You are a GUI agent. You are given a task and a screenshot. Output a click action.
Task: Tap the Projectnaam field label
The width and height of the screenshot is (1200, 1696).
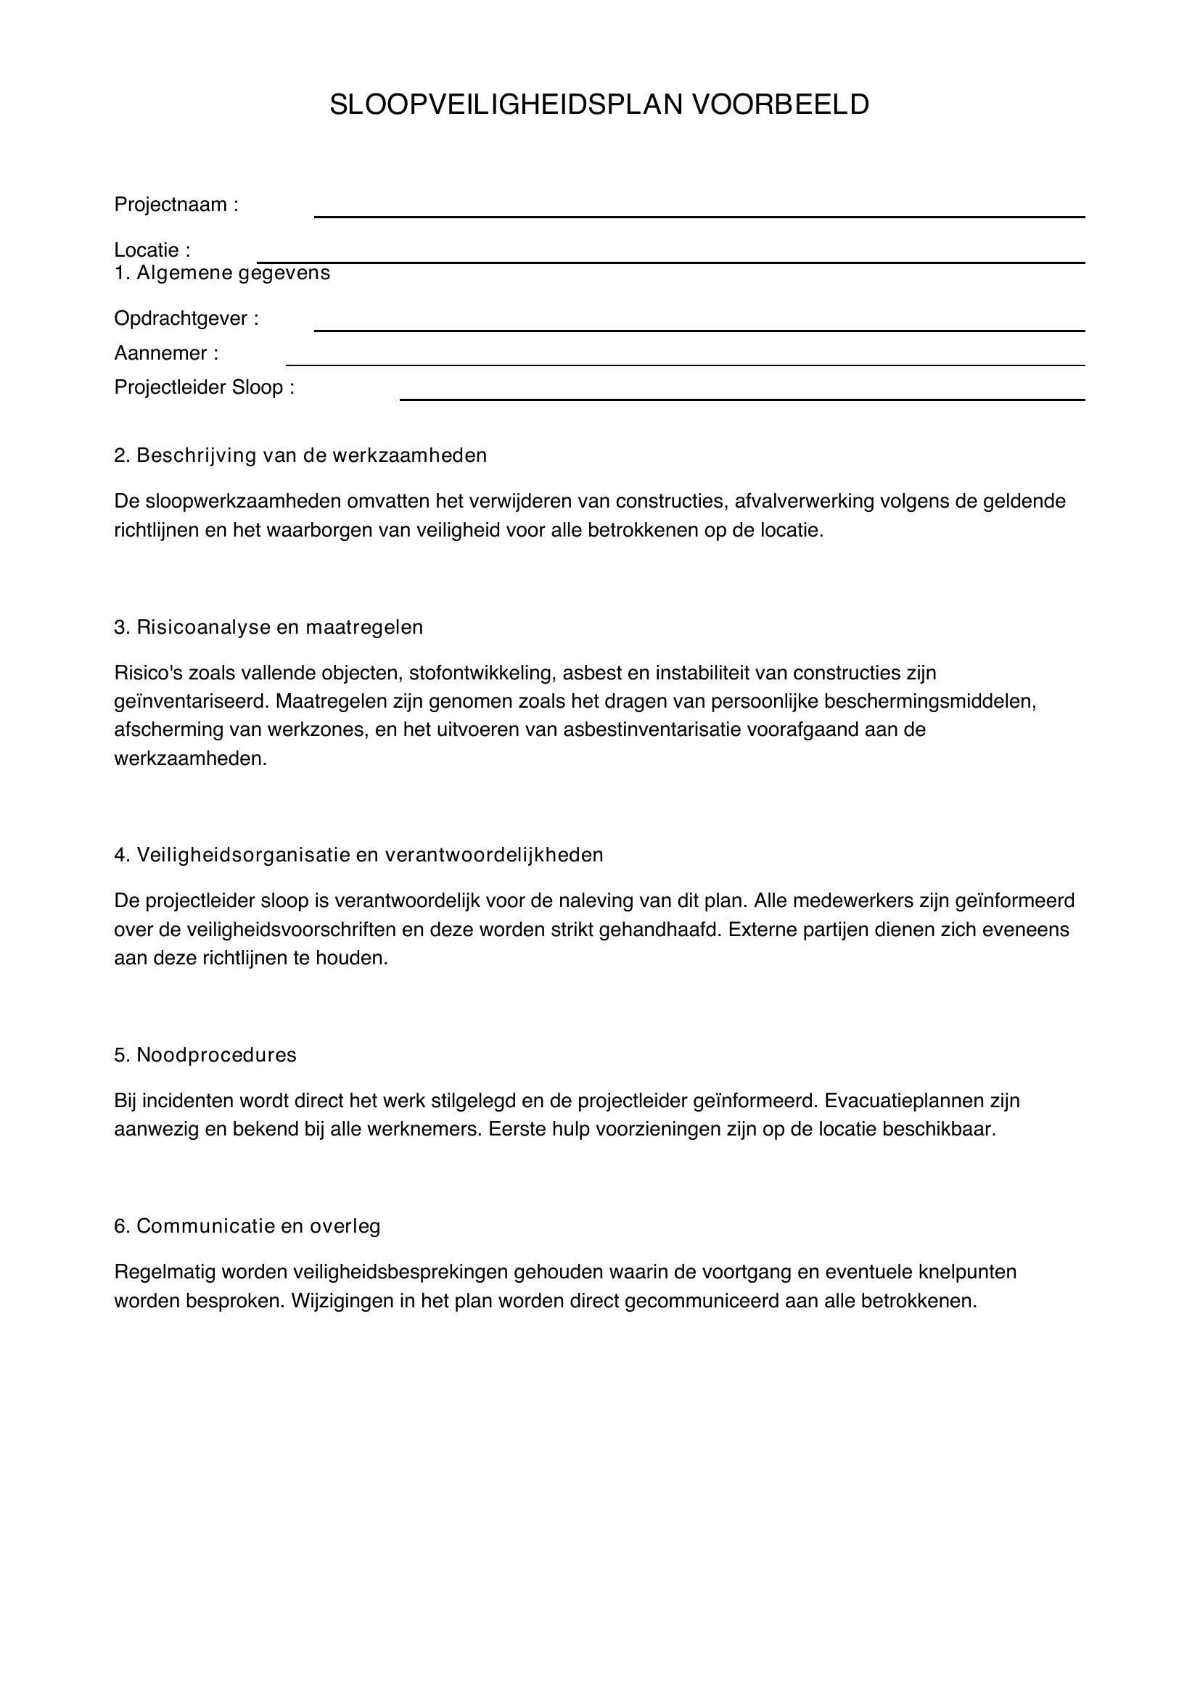tap(176, 204)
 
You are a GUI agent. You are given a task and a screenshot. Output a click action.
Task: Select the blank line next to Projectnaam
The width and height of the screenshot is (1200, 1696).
tap(698, 215)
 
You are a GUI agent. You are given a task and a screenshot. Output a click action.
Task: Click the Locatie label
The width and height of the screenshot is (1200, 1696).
tap(152, 250)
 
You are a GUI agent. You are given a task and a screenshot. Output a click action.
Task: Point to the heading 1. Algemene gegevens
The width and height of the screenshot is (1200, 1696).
tap(222, 273)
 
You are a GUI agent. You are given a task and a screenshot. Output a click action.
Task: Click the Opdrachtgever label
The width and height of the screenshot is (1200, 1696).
tap(186, 318)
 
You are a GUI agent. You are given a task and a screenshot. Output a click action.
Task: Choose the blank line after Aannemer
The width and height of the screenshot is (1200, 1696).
tap(684, 364)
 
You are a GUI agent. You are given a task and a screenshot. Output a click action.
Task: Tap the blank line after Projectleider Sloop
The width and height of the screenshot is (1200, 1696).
tap(741, 399)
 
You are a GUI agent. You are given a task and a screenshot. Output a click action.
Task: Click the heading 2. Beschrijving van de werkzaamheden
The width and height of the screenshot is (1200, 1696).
tap(300, 455)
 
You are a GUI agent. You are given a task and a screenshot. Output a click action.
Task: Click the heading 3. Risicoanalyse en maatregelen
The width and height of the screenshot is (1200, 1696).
tap(268, 627)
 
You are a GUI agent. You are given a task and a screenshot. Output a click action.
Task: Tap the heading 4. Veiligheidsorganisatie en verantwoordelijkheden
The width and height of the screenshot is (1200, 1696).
tap(358, 855)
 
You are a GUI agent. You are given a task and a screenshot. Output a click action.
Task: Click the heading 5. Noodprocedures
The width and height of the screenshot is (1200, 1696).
tap(205, 1055)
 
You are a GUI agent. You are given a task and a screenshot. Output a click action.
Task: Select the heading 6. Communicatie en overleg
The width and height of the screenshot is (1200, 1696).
tap(247, 1226)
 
